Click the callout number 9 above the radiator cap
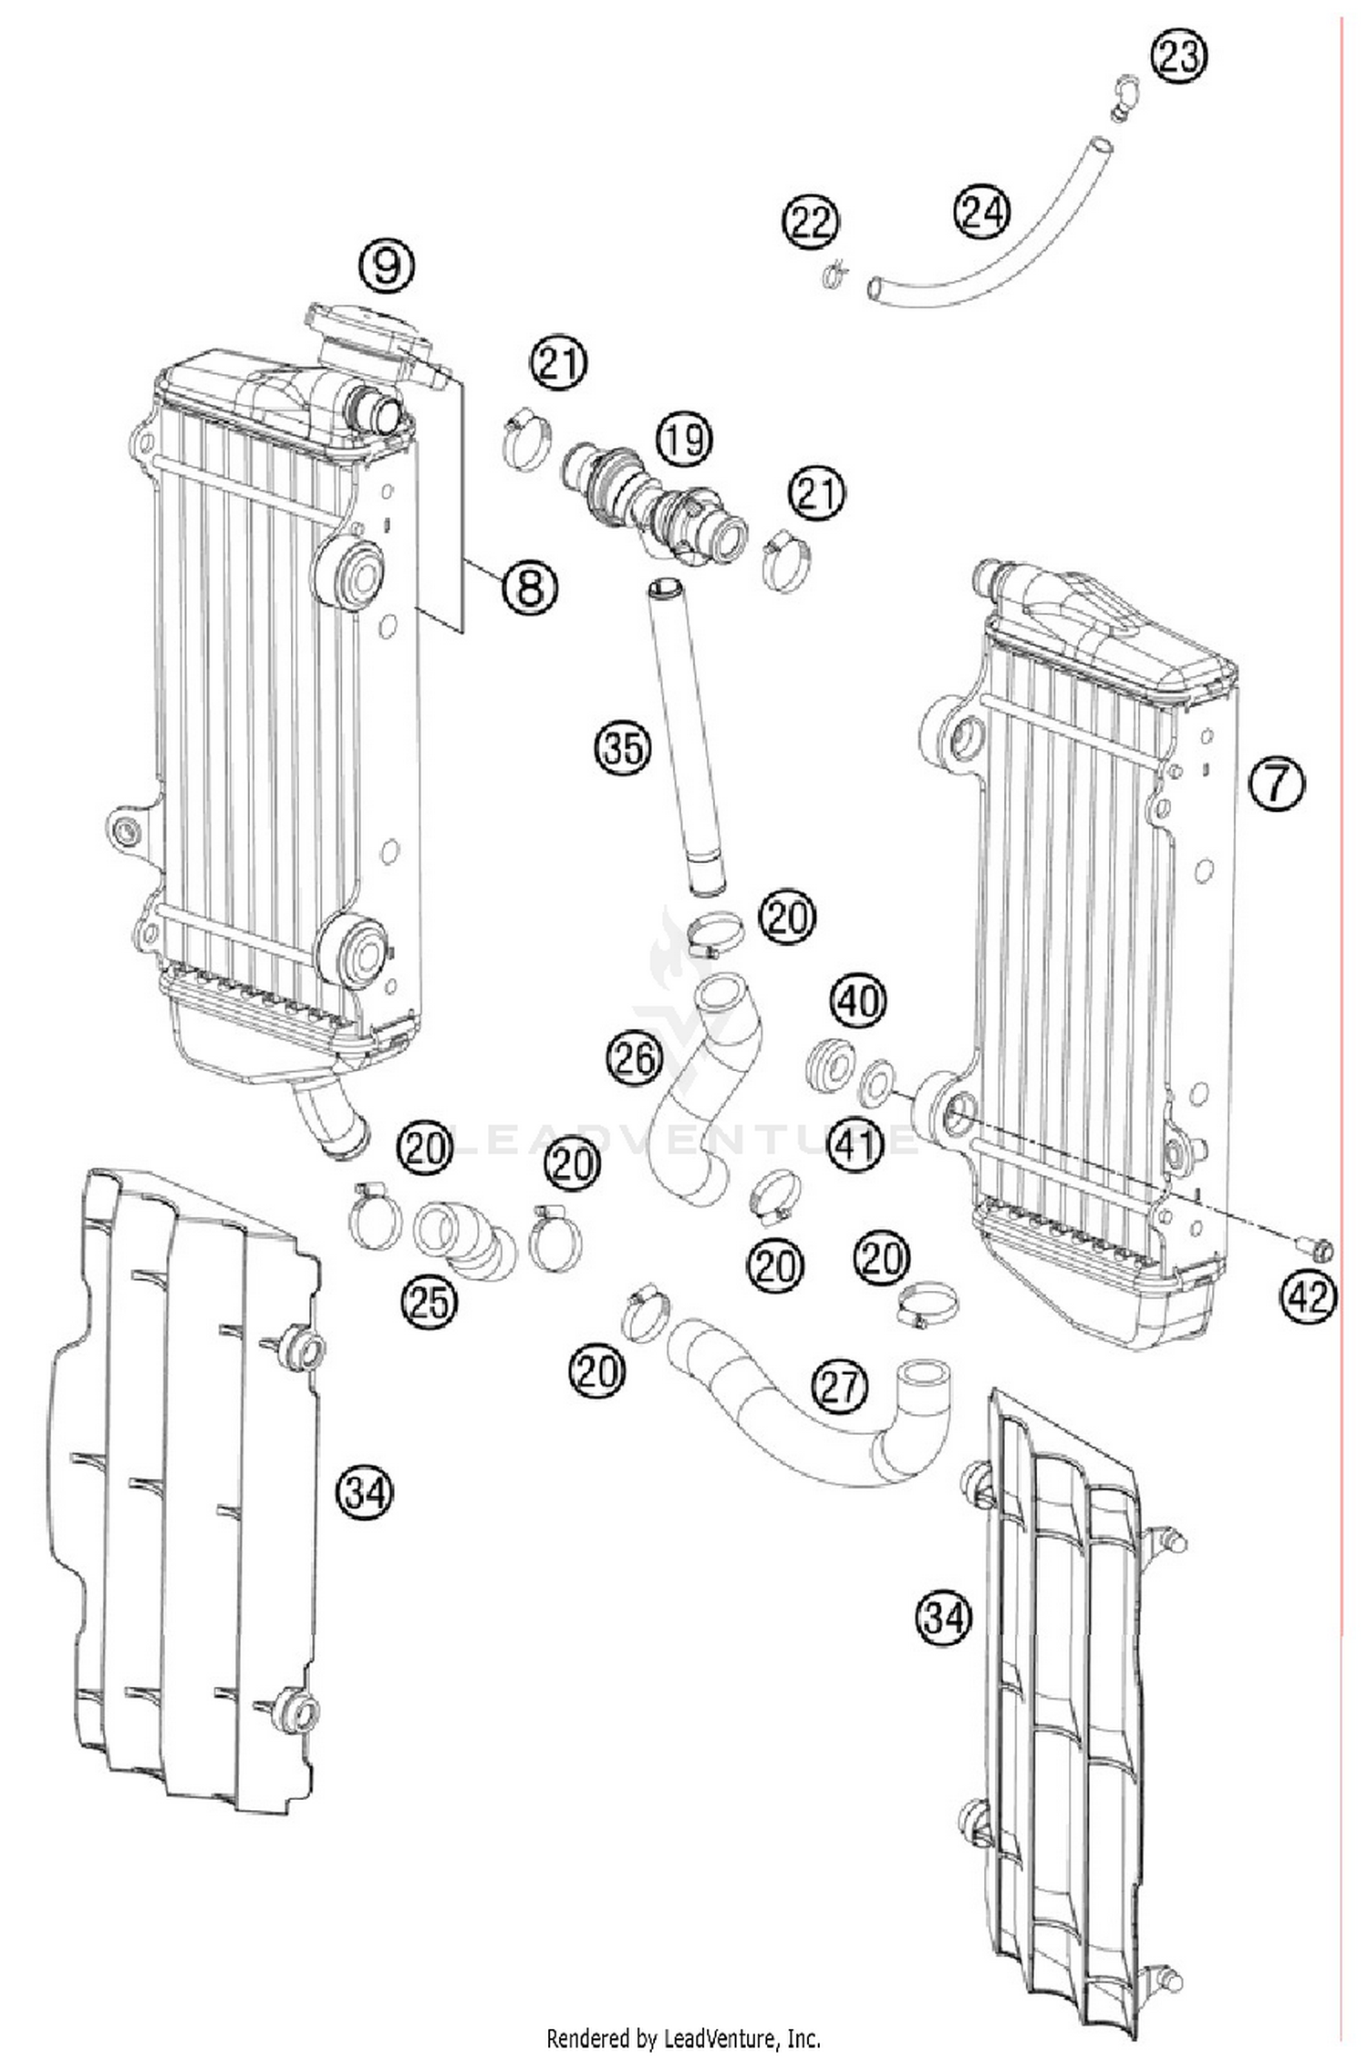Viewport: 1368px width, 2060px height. coord(387,265)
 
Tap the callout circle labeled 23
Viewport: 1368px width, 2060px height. coord(1177,57)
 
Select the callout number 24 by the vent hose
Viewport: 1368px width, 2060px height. coord(981,212)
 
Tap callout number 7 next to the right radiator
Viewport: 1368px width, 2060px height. coord(1276,783)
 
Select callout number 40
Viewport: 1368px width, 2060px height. coord(858,1001)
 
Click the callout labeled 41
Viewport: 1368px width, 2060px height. coord(855,1143)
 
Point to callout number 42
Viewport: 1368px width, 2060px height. coord(1308,1295)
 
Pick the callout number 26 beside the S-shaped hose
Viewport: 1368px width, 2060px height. coord(634,1058)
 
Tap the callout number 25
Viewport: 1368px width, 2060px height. coord(429,1302)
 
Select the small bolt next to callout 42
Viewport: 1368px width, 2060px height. coord(1314,1245)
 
